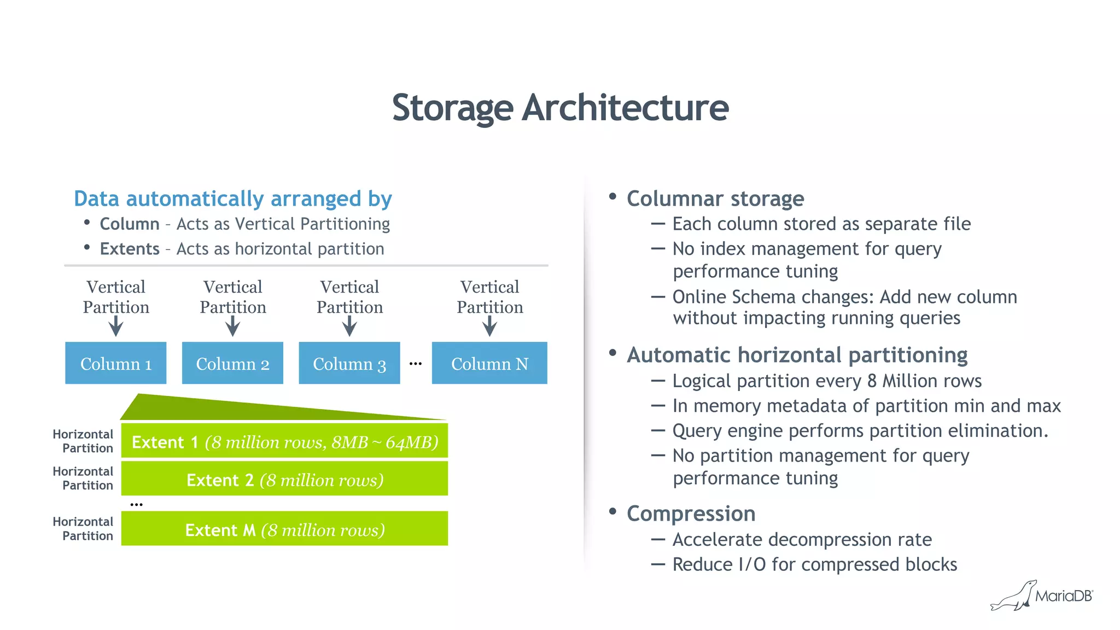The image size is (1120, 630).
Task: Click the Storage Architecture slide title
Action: pos(560,108)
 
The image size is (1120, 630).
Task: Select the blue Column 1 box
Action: pos(115,363)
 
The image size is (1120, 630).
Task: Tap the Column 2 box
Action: pos(232,363)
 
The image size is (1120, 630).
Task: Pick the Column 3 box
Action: pos(349,363)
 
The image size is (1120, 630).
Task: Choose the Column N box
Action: pos(489,363)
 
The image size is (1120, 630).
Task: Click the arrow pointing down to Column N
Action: pos(489,326)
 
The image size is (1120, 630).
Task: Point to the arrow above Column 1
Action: pos(115,326)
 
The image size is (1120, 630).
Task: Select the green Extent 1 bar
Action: pos(284,441)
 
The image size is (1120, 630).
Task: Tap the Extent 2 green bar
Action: pos(284,479)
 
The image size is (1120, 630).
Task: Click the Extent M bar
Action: pos(284,529)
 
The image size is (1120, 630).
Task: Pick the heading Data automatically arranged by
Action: pos(233,199)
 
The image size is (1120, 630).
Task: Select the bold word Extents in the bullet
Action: pos(130,249)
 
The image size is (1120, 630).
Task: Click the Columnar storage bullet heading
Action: pos(715,199)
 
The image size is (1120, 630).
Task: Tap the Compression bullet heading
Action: pos(691,514)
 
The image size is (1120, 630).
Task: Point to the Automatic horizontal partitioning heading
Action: pos(797,355)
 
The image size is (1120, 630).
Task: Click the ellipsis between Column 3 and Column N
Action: pos(416,364)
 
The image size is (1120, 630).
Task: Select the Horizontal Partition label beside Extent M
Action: pos(84,529)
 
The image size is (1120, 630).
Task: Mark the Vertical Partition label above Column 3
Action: pos(349,297)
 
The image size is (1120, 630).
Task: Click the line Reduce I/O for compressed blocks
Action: pos(814,564)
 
